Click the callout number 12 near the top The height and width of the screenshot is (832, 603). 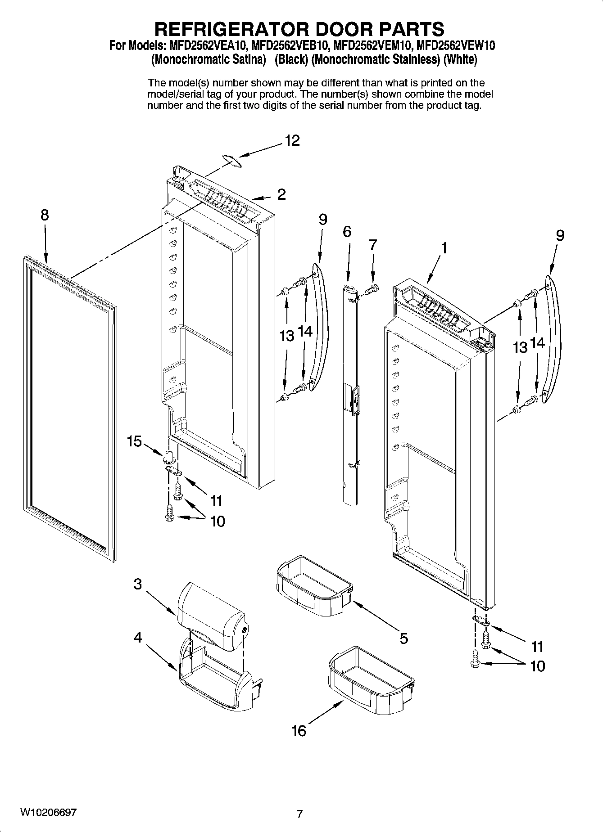[292, 141]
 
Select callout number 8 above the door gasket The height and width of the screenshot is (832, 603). [44, 215]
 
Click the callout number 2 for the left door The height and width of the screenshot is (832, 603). [281, 194]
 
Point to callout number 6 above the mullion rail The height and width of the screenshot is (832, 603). [347, 232]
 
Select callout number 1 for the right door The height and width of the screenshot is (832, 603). [444, 247]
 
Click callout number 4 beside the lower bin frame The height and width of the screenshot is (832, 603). [138, 638]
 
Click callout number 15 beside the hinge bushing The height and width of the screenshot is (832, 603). [134, 441]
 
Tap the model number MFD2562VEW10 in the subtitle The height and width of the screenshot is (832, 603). [456, 46]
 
